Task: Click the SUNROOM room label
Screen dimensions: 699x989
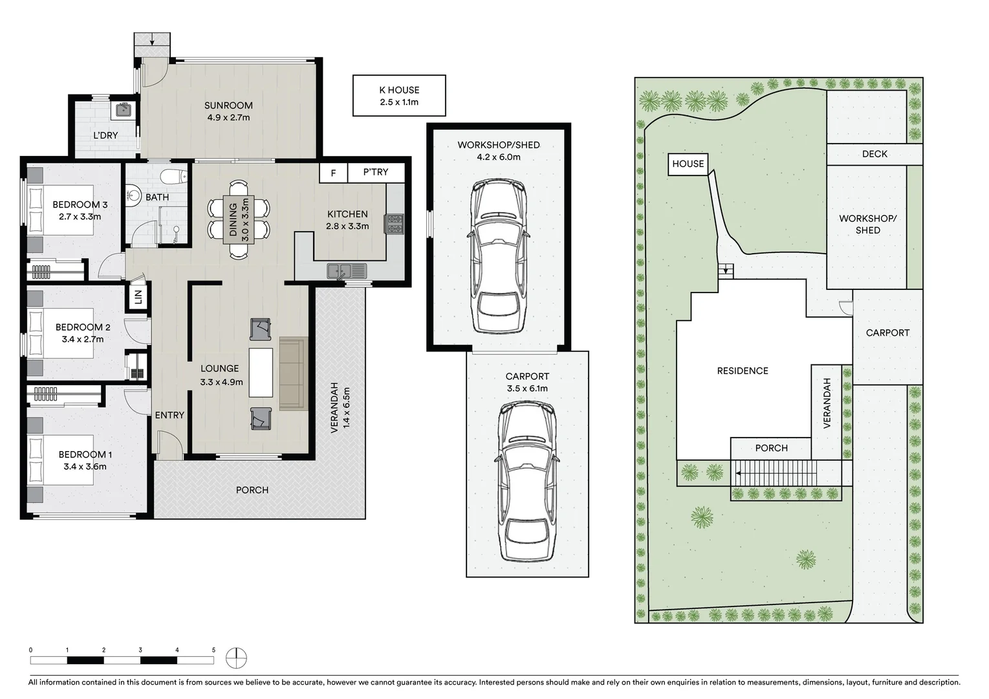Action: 228,105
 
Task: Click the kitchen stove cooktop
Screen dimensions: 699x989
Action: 394,223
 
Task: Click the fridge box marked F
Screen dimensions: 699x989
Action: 333,173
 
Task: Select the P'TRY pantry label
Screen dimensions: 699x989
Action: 375,172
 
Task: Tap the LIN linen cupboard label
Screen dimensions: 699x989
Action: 138,297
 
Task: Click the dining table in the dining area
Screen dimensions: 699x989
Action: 239,219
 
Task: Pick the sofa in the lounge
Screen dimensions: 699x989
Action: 291,373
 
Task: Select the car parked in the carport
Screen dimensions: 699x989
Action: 528,480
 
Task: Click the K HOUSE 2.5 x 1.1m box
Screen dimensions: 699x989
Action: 399,96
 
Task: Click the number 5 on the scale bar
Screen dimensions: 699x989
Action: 213,649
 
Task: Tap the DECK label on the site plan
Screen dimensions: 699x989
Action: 875,154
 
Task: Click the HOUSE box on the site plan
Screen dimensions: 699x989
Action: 688,164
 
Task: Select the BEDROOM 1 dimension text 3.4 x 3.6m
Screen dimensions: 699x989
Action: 85,466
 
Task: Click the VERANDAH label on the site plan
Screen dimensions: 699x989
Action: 827,403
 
